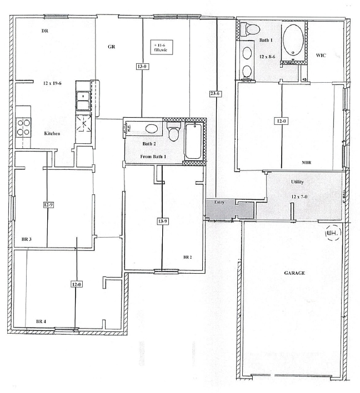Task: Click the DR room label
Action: coord(46,31)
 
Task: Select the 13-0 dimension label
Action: coord(142,67)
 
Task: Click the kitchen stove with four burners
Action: coord(24,128)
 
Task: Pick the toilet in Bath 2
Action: coord(173,134)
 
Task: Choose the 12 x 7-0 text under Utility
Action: coord(297,197)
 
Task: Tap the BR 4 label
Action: coord(41,322)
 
